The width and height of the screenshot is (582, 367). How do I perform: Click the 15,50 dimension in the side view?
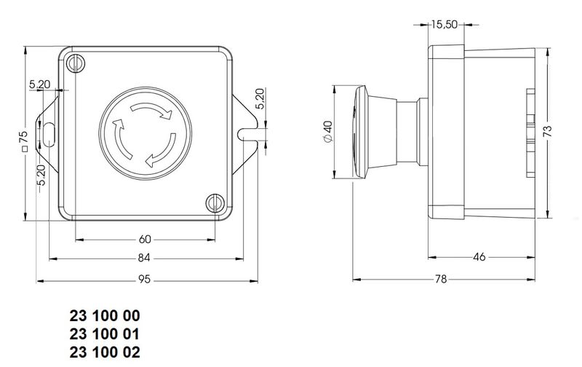tap(443, 25)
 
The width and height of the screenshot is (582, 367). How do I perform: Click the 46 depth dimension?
tap(479, 256)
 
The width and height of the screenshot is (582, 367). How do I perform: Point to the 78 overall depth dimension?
tap(442, 279)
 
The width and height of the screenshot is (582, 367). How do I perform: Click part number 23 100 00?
tap(103, 317)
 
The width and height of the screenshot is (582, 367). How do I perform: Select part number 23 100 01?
tap(103, 334)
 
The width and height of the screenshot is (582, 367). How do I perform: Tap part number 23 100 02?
tap(103, 352)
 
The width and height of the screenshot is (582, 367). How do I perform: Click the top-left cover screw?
tap(76, 63)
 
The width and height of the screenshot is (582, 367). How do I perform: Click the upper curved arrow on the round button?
tap(154, 110)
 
